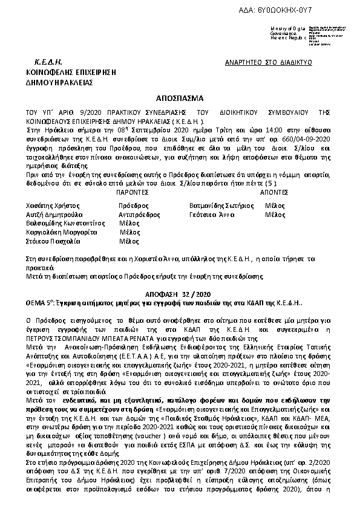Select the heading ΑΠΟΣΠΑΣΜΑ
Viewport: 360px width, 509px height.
(180, 97)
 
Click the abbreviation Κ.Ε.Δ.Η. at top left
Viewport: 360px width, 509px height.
(48, 62)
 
